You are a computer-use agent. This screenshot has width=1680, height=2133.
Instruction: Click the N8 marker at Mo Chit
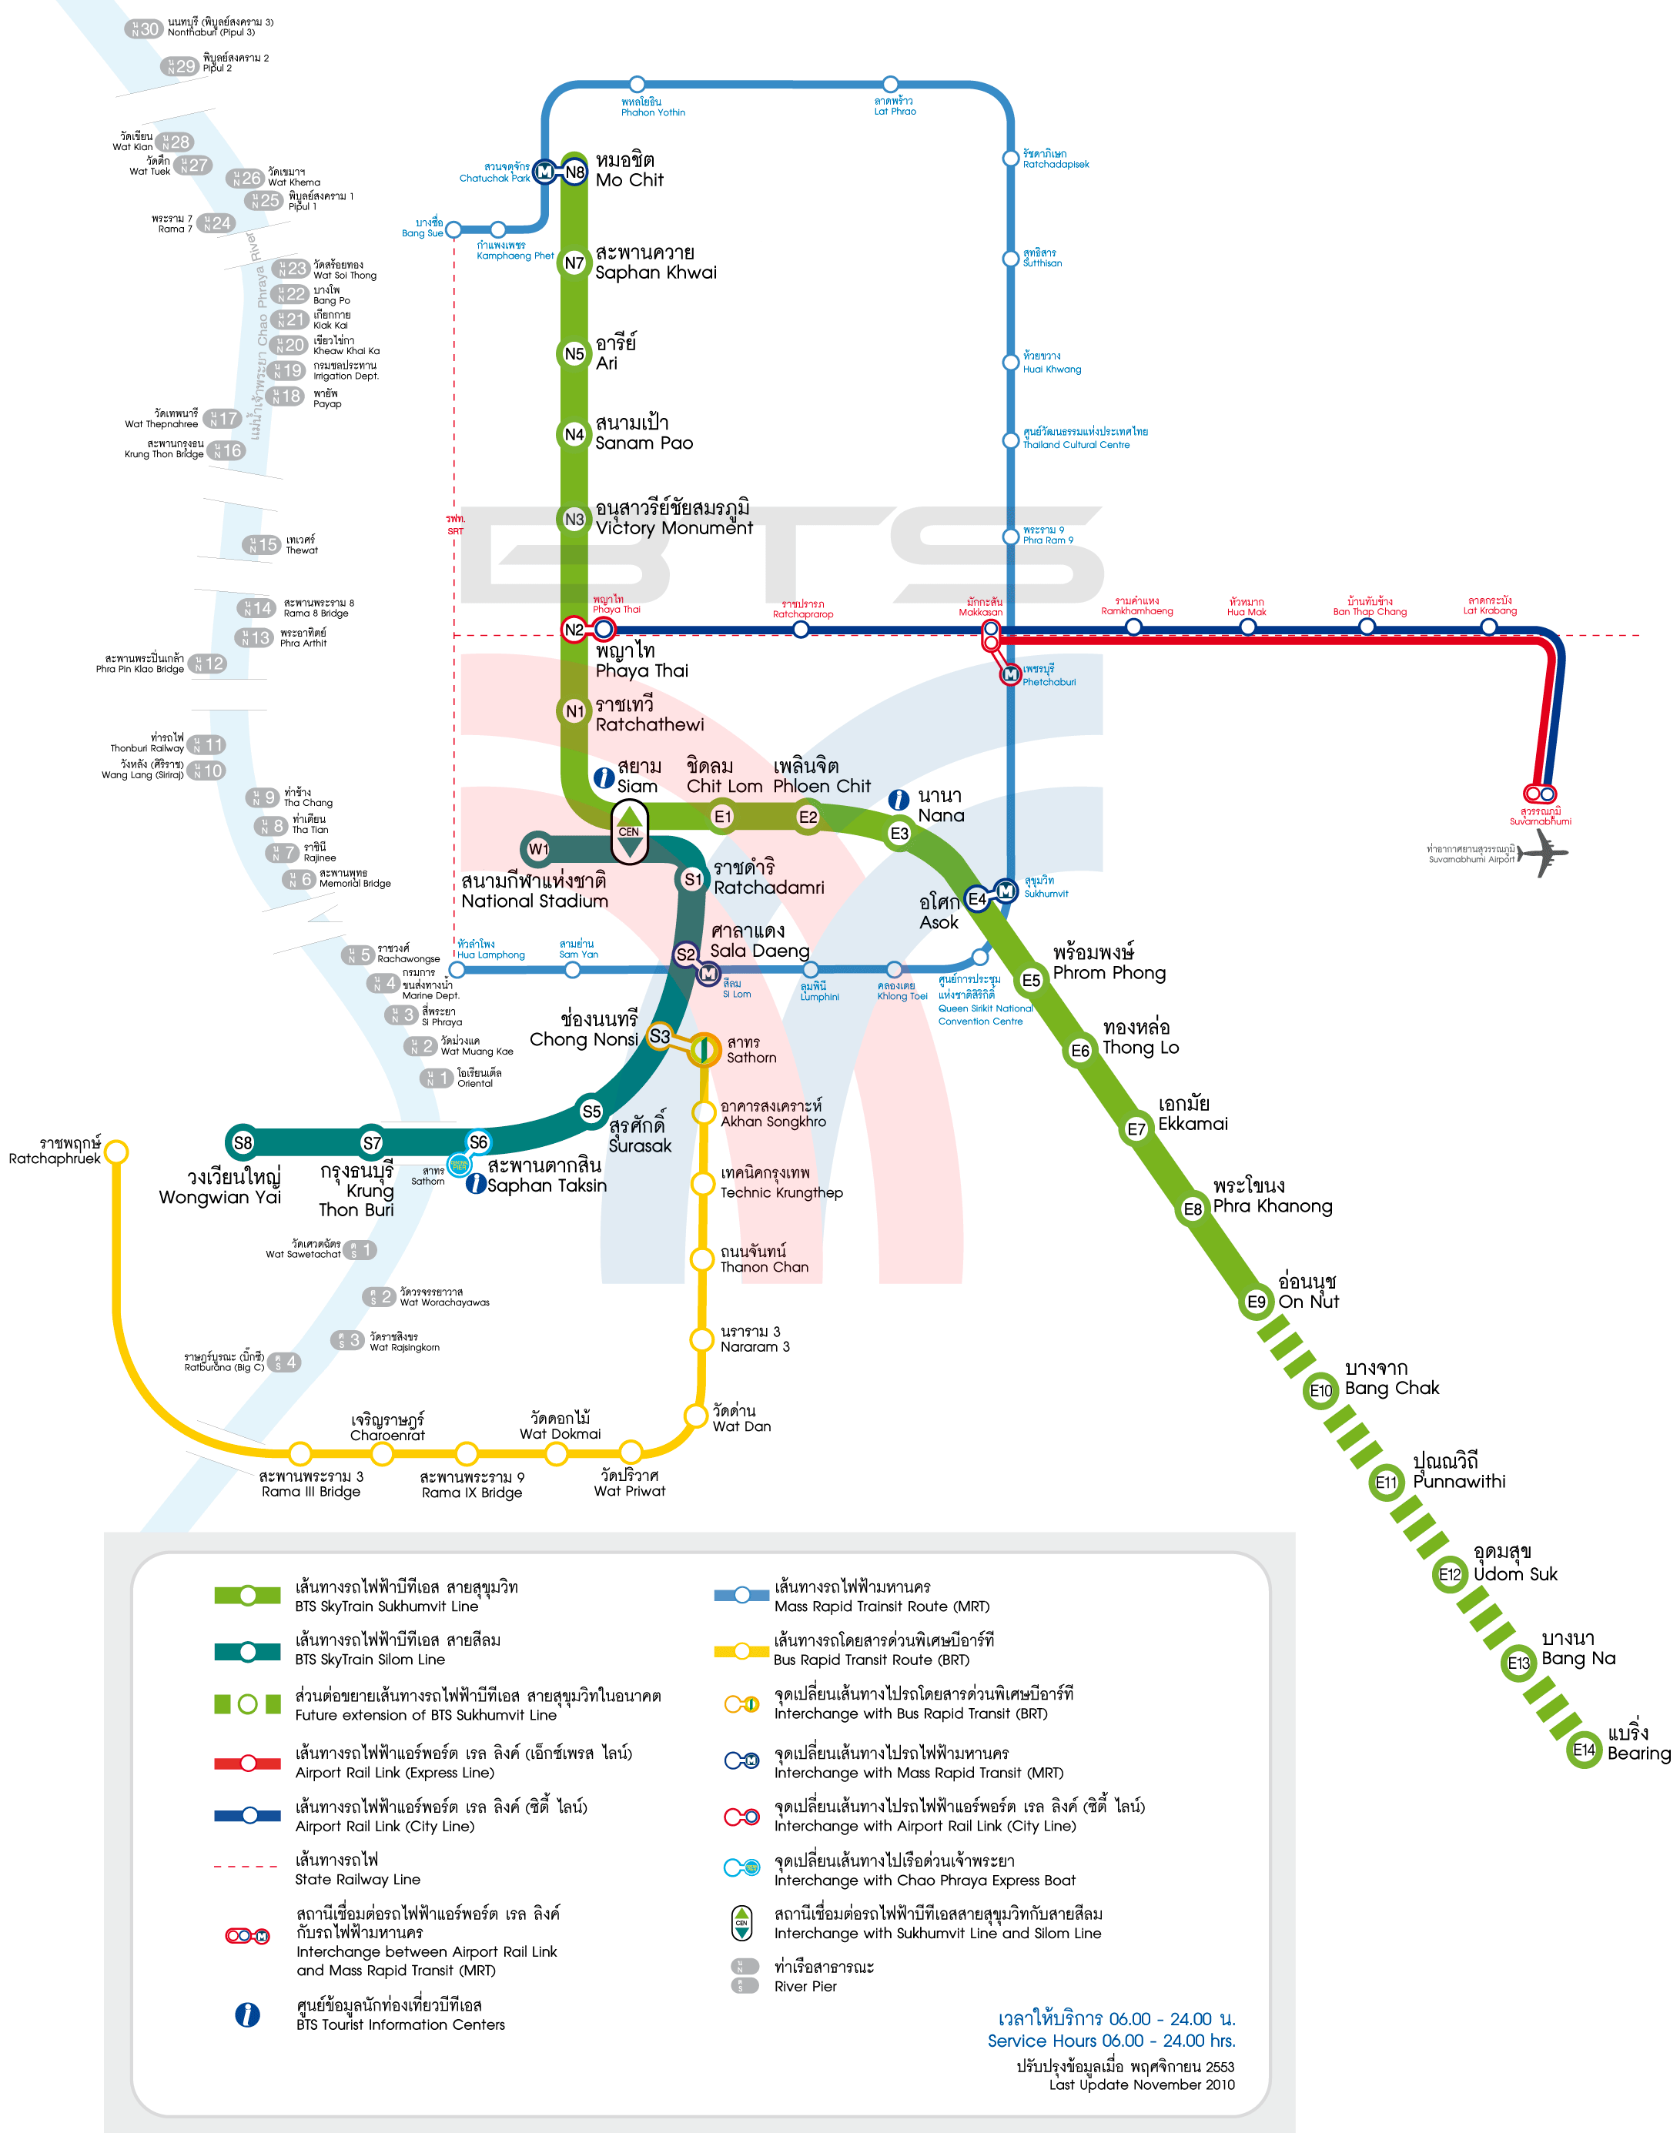pos(574,172)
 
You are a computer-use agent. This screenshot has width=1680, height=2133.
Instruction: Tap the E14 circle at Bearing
pos(1584,1750)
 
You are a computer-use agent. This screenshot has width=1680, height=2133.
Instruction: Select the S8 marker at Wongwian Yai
pos(242,1142)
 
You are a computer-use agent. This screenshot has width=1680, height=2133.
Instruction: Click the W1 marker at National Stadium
pos(538,848)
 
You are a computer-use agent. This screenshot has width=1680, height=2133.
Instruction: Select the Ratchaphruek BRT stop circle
pos(116,1151)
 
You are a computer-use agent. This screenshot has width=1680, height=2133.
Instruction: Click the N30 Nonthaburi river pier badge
pos(144,28)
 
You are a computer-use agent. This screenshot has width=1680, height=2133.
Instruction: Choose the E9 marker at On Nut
pos(1256,1301)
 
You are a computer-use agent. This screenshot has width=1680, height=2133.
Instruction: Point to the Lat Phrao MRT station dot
pos(890,84)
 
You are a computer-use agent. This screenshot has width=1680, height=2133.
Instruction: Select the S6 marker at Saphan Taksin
pos(478,1142)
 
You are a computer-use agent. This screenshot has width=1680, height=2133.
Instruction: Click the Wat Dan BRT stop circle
pos(696,1415)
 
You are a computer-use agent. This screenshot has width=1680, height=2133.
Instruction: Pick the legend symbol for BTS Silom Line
pos(248,1651)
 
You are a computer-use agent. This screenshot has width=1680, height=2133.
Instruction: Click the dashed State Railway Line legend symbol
pos(246,1866)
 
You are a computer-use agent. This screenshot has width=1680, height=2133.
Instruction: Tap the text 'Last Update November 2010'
pos(1141,2084)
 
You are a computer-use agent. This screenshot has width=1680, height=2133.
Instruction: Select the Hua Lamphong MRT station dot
pos(457,970)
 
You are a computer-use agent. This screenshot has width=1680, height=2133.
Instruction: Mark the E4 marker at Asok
pos(977,899)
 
